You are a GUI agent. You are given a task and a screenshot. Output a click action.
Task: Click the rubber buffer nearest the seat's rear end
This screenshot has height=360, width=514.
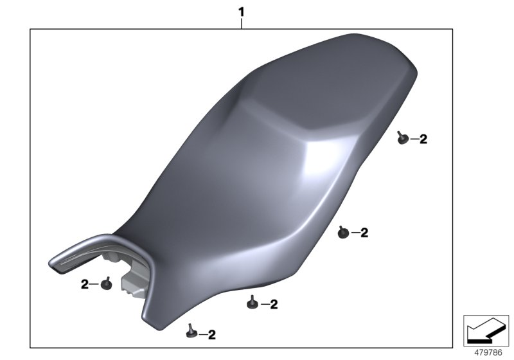402,138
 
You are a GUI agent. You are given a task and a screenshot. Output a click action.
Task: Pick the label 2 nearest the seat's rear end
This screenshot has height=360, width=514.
423,139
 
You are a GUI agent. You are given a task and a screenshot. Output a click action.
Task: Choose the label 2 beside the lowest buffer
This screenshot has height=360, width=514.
211,334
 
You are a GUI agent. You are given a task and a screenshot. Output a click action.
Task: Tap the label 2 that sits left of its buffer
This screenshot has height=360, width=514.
84,284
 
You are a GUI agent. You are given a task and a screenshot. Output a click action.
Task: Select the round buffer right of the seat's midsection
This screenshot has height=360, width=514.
343,233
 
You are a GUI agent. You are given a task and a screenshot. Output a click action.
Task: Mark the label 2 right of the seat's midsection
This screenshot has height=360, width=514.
364,233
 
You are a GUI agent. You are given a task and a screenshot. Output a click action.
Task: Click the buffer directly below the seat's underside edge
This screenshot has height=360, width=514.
253,300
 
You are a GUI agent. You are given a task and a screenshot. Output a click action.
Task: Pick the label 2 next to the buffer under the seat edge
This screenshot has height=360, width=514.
273,305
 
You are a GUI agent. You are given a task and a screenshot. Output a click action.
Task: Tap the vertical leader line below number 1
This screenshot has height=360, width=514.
242,23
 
